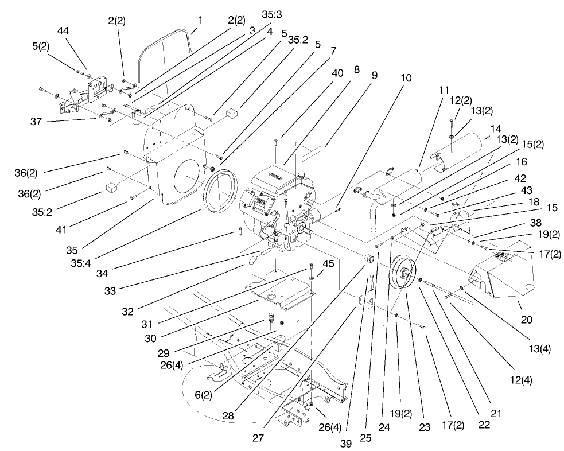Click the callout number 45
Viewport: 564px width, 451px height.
point(328,263)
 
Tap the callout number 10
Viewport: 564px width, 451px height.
point(406,76)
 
